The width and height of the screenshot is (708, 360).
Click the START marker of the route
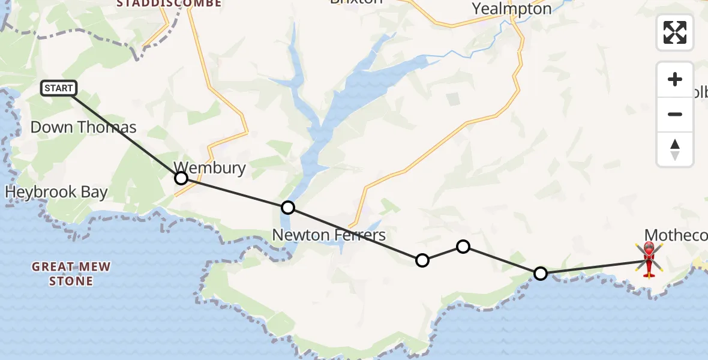[x=59, y=89]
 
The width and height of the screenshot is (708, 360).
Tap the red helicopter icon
[x=649, y=259]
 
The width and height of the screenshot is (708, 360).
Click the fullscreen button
[x=675, y=32]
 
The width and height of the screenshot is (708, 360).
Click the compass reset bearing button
[x=675, y=149]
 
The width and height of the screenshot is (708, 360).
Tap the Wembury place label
[x=209, y=167]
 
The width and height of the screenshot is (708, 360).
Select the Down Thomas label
[x=83, y=127]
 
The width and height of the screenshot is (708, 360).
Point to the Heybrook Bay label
[x=56, y=192]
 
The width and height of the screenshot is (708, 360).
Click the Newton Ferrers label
[x=329, y=234]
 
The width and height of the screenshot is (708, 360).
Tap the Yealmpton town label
[x=511, y=8]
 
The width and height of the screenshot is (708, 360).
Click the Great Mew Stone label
[x=71, y=274]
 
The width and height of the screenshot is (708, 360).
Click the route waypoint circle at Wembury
[x=181, y=178]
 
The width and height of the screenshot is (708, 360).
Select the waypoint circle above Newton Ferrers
[x=288, y=208]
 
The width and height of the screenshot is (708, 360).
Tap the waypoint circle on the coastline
[x=541, y=274]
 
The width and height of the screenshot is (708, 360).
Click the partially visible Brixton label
[x=356, y=2]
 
